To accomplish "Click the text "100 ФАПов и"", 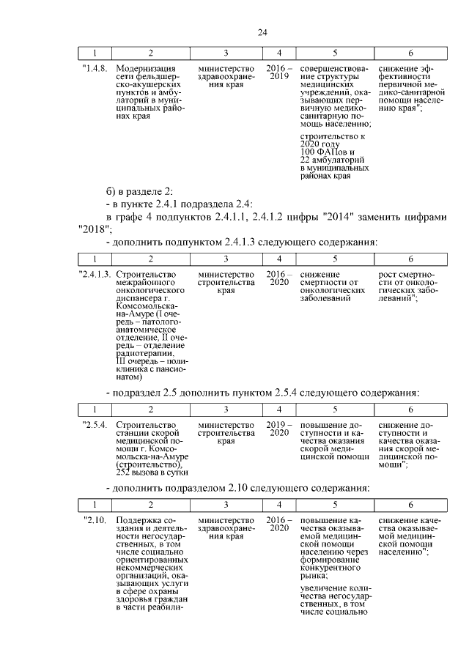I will (x=325, y=152).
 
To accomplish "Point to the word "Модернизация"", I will (x=147, y=68).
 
